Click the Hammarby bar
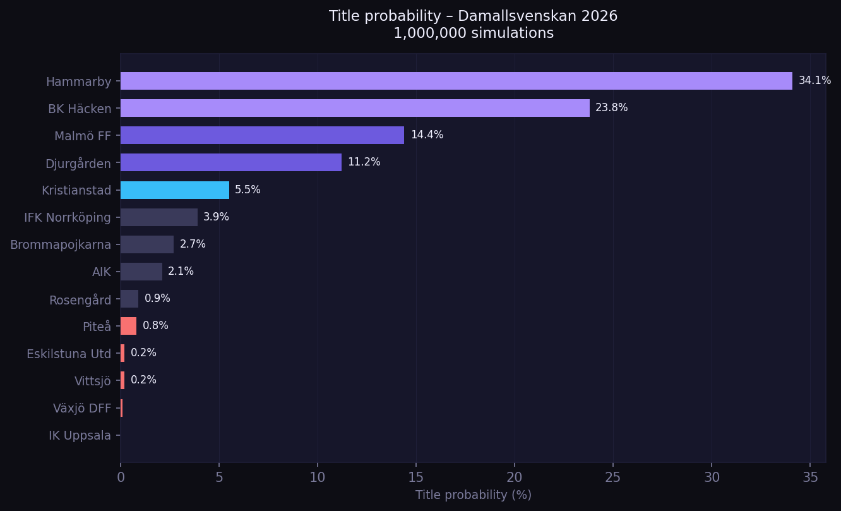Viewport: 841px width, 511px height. coord(456,81)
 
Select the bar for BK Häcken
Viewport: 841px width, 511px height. coord(355,108)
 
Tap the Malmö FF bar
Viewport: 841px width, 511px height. coord(262,135)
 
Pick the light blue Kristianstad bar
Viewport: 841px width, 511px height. coord(175,190)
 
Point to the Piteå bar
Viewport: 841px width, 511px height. coord(128,326)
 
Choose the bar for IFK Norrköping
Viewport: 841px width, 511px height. coord(159,217)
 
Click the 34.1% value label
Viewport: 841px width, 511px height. coord(814,81)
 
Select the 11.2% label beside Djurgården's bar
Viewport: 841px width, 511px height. coord(364,162)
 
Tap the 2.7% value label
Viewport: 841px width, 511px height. coord(193,244)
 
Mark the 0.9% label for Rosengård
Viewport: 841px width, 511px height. coord(157,299)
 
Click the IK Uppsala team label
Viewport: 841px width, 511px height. coord(80,435)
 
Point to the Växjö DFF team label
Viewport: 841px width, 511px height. coord(82,408)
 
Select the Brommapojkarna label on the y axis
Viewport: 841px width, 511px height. coord(61,244)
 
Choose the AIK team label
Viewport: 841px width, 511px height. coord(101,272)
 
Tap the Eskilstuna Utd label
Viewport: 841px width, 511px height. coord(69,354)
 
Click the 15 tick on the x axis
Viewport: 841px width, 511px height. coord(416,478)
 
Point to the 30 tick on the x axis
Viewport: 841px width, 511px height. coord(712,478)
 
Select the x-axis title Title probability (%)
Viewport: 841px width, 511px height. coord(473,495)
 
